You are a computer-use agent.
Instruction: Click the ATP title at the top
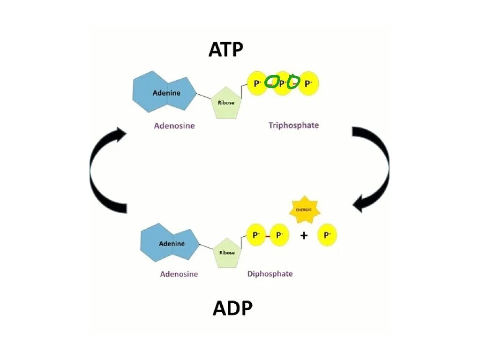[x=226, y=50]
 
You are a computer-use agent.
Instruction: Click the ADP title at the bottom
[x=232, y=308]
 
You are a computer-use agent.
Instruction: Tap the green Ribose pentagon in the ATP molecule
[x=226, y=103]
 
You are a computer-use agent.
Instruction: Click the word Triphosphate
[x=293, y=125]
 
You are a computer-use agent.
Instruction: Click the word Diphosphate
[x=270, y=274]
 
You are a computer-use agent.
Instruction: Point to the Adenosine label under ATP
[x=174, y=126]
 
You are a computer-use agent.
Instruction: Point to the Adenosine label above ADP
[x=179, y=274]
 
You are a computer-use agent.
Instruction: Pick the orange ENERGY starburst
[x=305, y=210]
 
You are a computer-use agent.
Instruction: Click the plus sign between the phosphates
[x=304, y=236]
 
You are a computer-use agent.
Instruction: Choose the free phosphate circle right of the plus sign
[x=327, y=234]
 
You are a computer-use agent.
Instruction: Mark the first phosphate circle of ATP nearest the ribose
[x=257, y=83]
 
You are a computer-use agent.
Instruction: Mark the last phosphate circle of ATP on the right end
[x=308, y=83]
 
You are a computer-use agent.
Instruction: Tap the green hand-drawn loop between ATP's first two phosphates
[x=271, y=82]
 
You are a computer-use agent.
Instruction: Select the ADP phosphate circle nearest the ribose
[x=256, y=235]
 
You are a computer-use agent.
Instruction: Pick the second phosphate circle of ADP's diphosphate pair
[x=279, y=235]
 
